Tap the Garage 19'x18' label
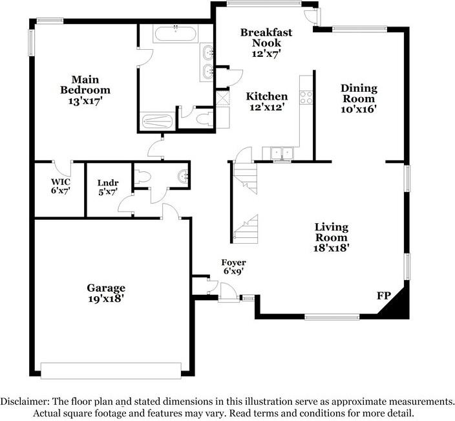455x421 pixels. pos(106,293)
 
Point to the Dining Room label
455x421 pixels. pos(359,99)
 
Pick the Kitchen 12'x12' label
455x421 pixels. pos(267,102)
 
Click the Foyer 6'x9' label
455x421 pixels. pos(233,267)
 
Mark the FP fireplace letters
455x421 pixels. pos(383,296)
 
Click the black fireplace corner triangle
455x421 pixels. pos(396,303)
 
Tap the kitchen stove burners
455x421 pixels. pos(306,98)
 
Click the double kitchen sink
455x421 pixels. pos(280,153)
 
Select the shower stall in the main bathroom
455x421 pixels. pos(156,121)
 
